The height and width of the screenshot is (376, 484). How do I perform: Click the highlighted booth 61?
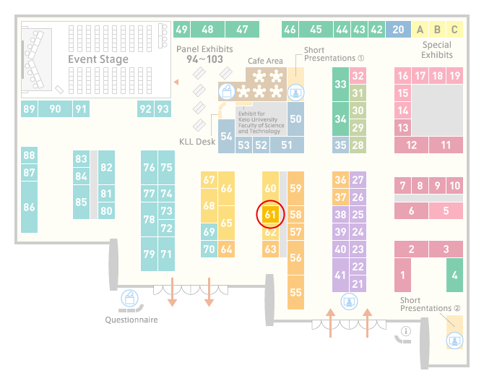coord(270,215)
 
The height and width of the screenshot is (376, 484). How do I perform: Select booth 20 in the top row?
coord(398,30)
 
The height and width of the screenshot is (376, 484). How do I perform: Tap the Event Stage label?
coord(98,59)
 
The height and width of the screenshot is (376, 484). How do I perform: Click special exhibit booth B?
coord(437,30)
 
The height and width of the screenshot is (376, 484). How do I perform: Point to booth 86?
coord(29,207)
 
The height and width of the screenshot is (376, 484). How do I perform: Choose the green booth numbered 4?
coord(454,275)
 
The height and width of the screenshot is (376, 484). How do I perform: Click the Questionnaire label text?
coord(131,320)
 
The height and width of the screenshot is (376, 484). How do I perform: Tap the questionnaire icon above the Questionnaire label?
coord(129,298)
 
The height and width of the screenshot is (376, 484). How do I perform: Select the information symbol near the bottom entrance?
coord(405,331)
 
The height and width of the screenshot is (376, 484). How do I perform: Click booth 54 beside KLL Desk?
coord(226,136)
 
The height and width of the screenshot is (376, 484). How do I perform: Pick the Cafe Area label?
coord(265,61)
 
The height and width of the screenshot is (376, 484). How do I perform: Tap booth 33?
coord(340,84)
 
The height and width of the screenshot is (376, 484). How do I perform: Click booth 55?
coord(295,292)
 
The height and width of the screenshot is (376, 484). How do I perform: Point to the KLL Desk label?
coord(197,142)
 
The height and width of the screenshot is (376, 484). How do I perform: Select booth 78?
coord(149,219)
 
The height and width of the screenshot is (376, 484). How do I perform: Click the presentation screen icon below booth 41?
coord(349,302)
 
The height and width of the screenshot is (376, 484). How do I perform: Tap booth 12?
coord(411,145)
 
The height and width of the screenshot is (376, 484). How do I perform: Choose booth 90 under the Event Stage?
coord(55,108)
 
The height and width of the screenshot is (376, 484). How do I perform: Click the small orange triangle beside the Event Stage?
coord(176,82)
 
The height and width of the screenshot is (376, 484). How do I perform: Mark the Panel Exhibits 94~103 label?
coord(204,54)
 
